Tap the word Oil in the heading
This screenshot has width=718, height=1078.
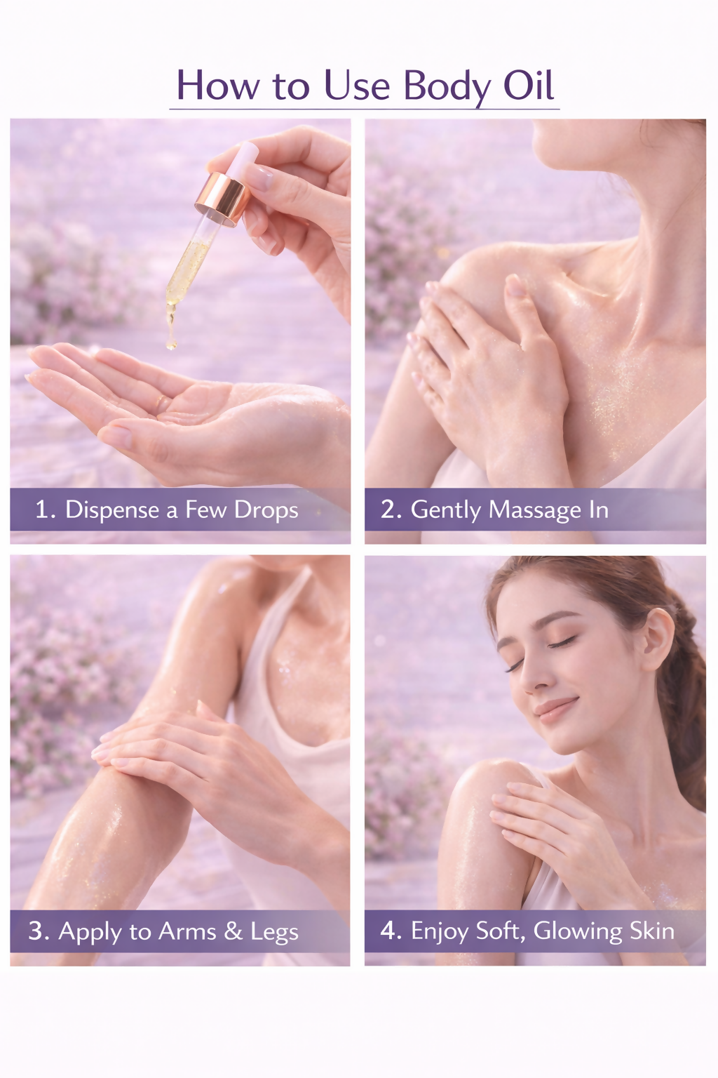[529, 85]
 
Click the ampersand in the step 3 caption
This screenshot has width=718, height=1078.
[233, 932]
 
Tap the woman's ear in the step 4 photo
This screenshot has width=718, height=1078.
[657, 639]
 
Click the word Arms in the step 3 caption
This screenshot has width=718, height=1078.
[187, 931]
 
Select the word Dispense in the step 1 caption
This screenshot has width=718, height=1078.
[112, 511]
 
